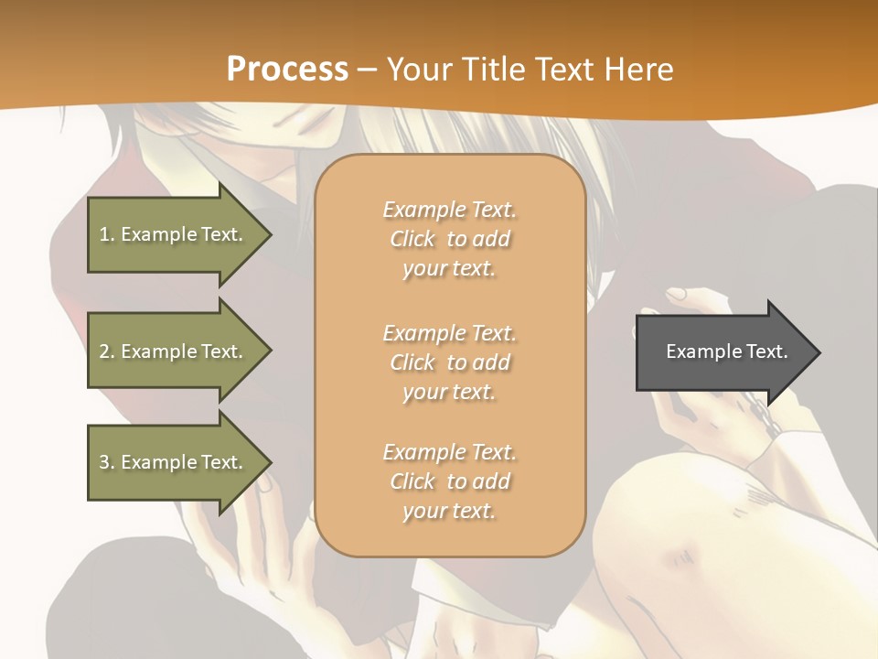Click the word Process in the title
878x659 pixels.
pyautogui.click(x=287, y=70)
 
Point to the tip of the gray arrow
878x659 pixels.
pyautogui.click(x=818, y=352)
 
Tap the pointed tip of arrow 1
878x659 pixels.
pyautogui.click(x=270, y=234)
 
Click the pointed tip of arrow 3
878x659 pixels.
pyautogui.click(x=270, y=462)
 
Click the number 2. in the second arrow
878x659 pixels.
pyautogui.click(x=107, y=351)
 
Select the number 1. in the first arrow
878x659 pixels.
pyautogui.click(x=107, y=234)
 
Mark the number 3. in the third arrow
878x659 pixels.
pyautogui.click(x=107, y=462)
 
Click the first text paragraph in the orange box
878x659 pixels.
pyautogui.click(x=450, y=239)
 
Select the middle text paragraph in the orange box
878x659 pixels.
pyautogui.click(x=450, y=362)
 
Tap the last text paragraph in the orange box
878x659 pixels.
pyautogui.click(x=450, y=481)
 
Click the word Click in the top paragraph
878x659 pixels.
pyautogui.click(x=412, y=240)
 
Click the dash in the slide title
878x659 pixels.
pyautogui.click(x=367, y=70)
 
